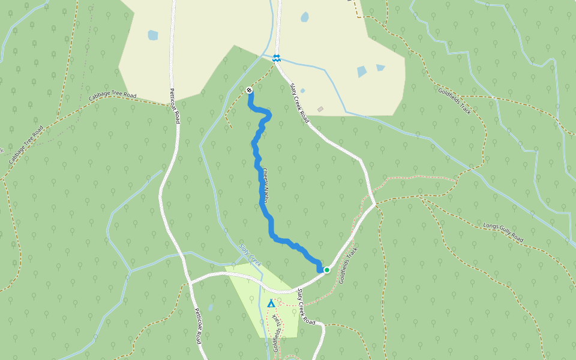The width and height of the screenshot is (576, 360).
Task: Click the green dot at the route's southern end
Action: [x=327, y=270]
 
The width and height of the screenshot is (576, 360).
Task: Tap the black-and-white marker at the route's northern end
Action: [x=249, y=90]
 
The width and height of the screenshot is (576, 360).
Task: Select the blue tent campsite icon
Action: [x=271, y=303]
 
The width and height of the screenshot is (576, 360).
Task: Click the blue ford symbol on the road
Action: [x=276, y=58]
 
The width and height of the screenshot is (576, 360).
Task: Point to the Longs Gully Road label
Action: [x=503, y=232]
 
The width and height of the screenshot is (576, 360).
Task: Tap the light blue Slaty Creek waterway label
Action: [x=251, y=255]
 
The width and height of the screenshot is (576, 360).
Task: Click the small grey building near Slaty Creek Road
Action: [x=320, y=109]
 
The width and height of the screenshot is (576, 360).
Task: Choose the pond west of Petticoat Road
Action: [x=153, y=35]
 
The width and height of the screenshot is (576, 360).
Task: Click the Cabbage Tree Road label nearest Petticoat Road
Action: [x=113, y=95]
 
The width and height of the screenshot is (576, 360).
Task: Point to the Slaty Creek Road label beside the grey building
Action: [x=299, y=103]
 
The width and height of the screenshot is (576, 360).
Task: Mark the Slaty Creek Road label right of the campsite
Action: [x=305, y=306]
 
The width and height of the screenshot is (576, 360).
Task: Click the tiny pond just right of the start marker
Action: [x=302, y=91]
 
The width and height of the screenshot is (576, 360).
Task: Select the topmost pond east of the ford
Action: [x=304, y=17]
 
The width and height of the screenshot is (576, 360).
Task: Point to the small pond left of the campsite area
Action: [x=210, y=307]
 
